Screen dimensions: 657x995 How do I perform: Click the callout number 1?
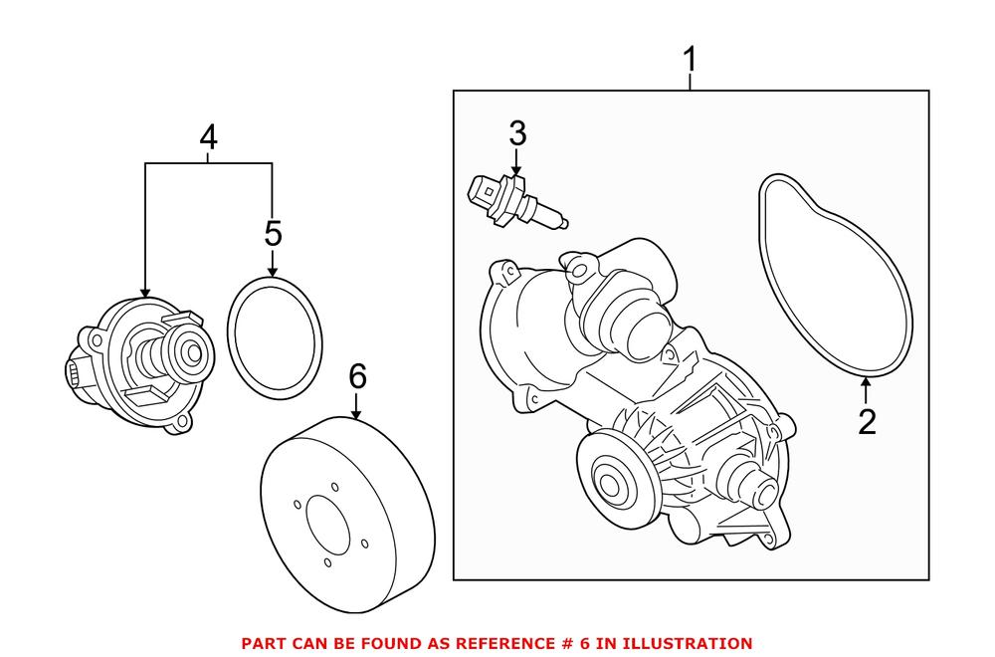click(691, 63)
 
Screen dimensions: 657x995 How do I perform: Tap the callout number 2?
click(867, 422)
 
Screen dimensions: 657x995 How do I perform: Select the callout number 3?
click(517, 132)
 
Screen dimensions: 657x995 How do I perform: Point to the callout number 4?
click(208, 139)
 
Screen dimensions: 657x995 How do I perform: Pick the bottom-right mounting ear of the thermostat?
click(179, 425)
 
